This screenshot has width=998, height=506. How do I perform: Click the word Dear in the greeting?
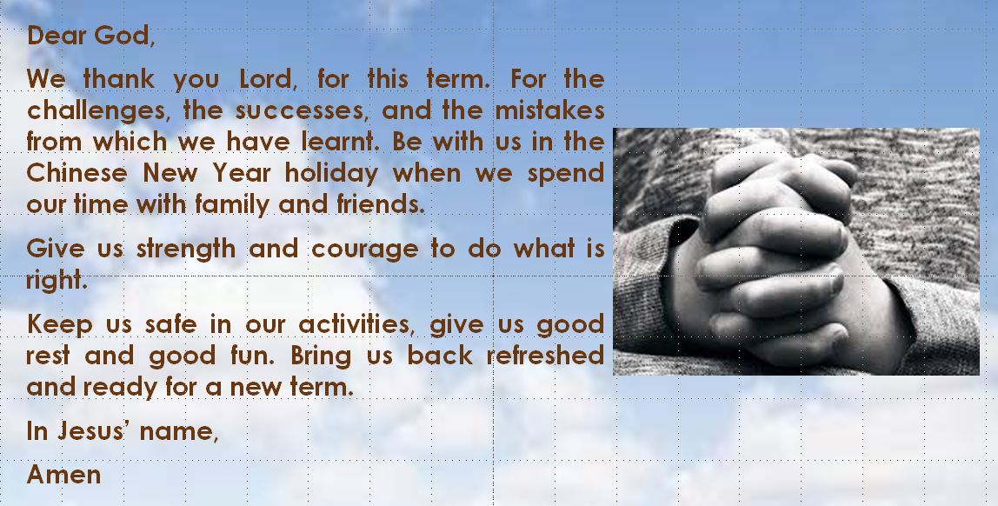pos(57,35)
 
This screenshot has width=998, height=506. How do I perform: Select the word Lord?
pos(268,79)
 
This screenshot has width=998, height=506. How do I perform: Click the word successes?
pos(303,110)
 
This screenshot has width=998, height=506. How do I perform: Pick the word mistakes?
pos(550,110)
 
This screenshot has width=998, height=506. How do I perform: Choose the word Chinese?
pos(77,172)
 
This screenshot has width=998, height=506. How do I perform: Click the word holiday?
pos(331,173)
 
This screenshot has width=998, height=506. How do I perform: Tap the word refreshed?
pos(545,355)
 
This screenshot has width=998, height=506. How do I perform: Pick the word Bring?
pos(321,356)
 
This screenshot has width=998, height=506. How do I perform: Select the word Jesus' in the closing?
pos(91,431)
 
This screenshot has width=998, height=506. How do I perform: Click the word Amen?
pos(63,474)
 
